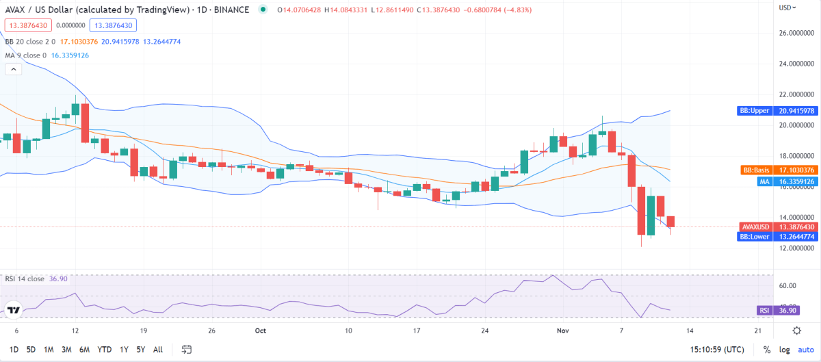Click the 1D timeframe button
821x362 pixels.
click(13, 349)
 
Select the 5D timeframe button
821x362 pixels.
click(31, 349)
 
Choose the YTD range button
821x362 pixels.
click(105, 349)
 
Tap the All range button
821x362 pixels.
click(157, 349)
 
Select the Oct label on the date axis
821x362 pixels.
click(260, 330)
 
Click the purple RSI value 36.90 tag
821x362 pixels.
click(773, 310)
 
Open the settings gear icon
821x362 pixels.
click(797, 330)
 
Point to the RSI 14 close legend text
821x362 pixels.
click(25, 279)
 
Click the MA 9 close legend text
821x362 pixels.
click(27, 55)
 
